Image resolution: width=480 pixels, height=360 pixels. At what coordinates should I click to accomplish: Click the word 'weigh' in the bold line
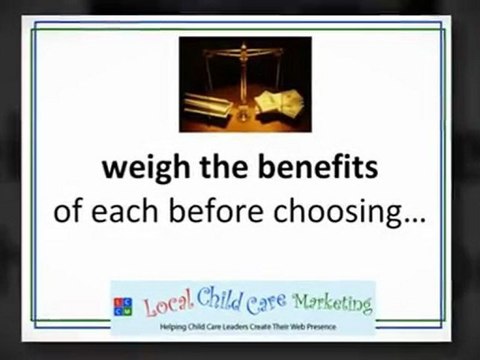click(135, 169)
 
